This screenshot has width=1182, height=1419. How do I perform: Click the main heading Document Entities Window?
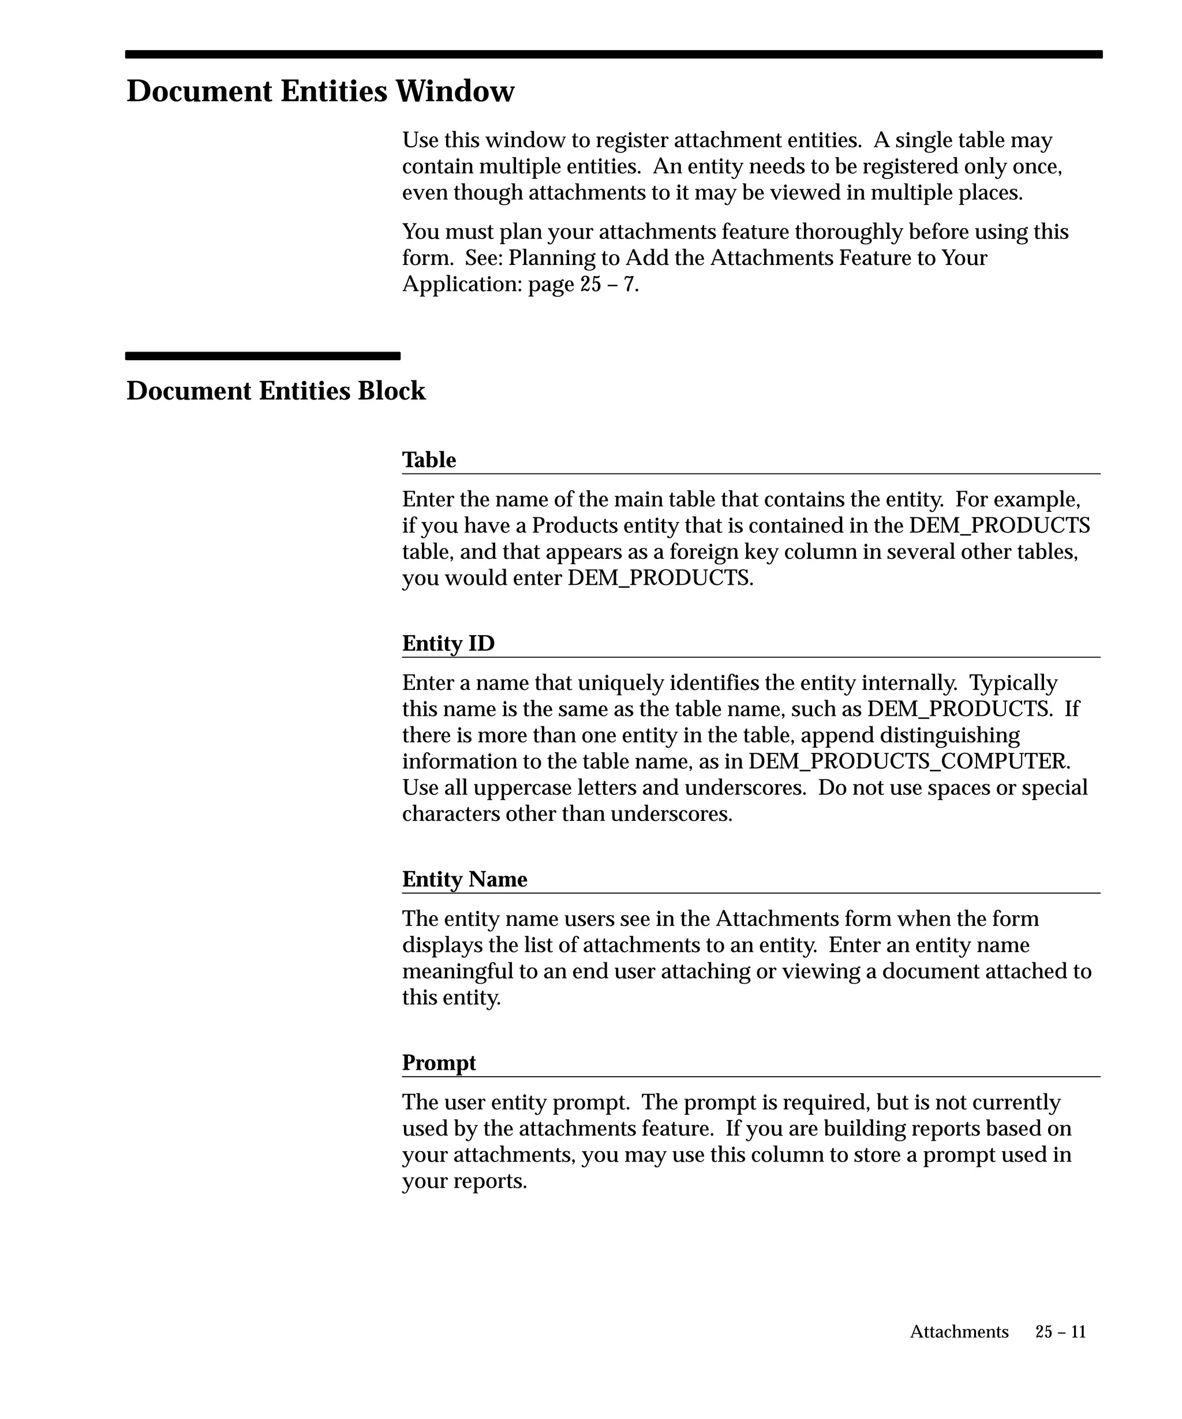click(x=320, y=91)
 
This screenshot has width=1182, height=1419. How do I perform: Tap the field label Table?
click(x=429, y=460)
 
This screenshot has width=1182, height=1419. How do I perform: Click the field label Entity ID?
click(x=448, y=643)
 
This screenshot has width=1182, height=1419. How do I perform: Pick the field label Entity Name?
click(x=465, y=879)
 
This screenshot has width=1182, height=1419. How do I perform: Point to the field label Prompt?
click(x=439, y=1062)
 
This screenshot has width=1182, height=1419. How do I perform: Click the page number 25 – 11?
click(x=1060, y=1331)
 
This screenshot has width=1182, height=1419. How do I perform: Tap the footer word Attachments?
click(x=959, y=1331)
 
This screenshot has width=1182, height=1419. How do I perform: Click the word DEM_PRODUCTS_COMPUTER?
click(x=909, y=761)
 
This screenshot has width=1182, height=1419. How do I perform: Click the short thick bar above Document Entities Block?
click(x=263, y=356)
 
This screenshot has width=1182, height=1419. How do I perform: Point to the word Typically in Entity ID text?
click(x=1013, y=682)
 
